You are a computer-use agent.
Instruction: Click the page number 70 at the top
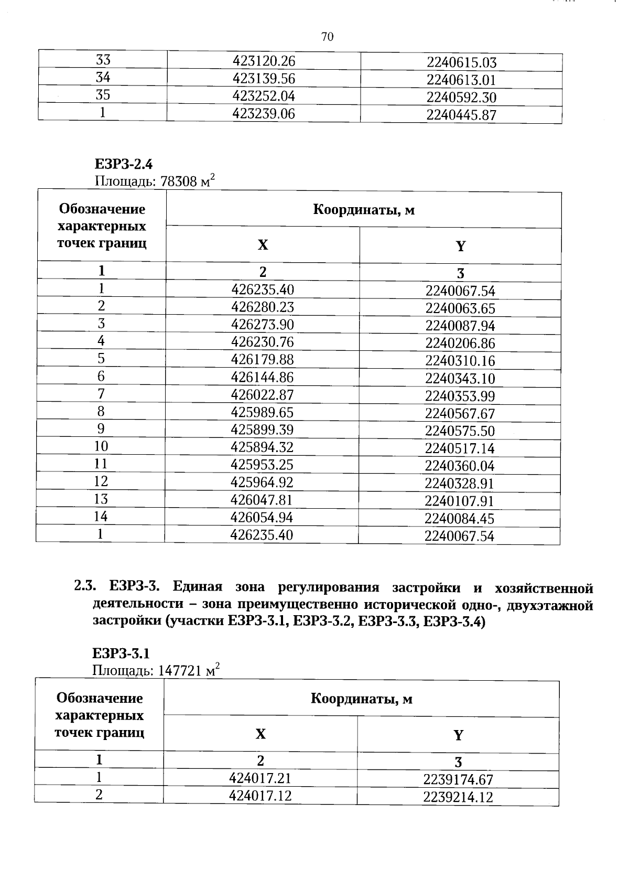[327, 37]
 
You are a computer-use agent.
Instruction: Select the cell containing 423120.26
[264, 61]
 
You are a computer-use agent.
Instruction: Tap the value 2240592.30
[461, 98]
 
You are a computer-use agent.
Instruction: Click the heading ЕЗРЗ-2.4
[123, 164]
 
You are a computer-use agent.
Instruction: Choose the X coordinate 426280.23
[263, 307]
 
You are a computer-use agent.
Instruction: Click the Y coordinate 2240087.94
[460, 326]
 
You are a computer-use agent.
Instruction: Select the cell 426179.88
[263, 360]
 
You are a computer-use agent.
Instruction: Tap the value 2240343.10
[460, 379]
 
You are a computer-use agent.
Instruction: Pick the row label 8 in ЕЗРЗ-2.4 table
[101, 411]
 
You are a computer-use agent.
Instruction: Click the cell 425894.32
[262, 447]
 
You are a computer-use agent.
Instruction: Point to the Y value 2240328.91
[459, 484]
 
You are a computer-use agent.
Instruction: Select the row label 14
[101, 517]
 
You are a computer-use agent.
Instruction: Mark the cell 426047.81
[262, 500]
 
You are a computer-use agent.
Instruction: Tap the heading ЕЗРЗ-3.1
[121, 653]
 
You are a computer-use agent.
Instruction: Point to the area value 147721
[178, 671]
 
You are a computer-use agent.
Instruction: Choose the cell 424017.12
[260, 796]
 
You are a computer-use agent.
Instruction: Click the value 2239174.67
[458, 780]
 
